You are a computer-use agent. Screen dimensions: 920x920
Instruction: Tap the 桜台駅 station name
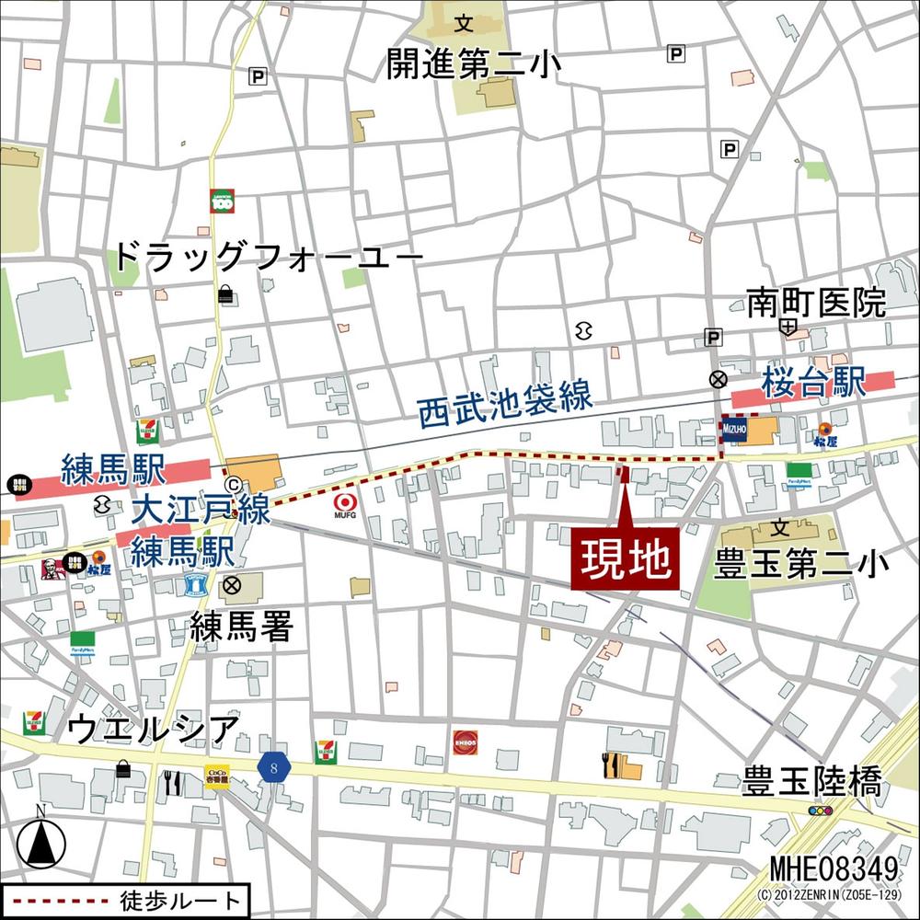click(x=813, y=383)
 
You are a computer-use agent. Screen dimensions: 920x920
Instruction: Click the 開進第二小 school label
click(x=474, y=64)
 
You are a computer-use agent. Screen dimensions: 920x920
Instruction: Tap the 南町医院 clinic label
click(x=815, y=301)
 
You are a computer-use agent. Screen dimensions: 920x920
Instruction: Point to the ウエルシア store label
click(x=154, y=731)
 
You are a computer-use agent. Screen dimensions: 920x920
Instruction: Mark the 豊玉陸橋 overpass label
click(x=812, y=783)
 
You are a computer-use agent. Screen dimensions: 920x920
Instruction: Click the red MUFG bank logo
click(x=345, y=504)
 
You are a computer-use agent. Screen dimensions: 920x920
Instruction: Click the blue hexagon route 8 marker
click(x=273, y=767)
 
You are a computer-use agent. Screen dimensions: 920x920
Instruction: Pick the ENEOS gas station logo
click(x=465, y=742)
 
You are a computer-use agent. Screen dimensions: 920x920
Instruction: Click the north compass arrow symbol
click(x=40, y=839)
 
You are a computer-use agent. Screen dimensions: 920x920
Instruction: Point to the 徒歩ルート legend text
click(x=180, y=900)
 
